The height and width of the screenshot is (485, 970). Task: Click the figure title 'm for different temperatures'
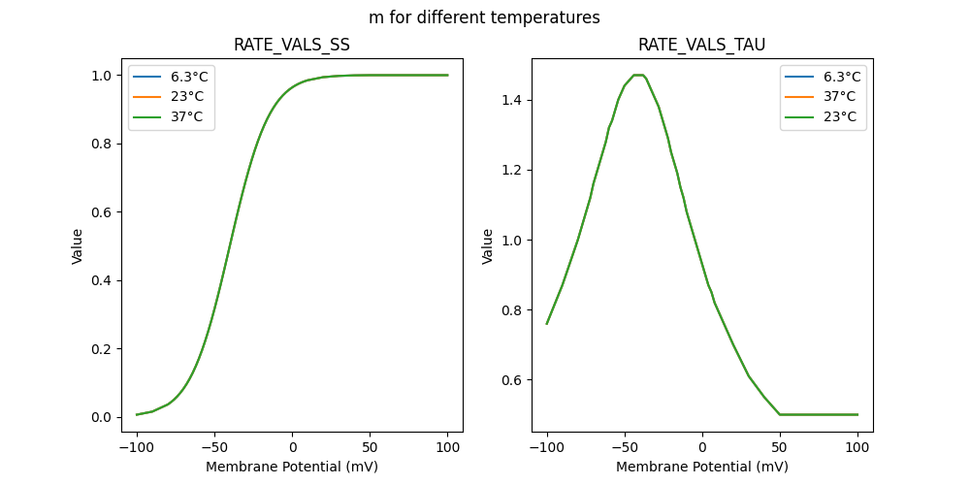pos(484,17)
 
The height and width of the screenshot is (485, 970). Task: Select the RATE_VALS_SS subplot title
pos(292,46)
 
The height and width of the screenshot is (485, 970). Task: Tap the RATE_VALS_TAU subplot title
pos(701,46)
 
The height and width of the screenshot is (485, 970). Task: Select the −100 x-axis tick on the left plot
pos(137,447)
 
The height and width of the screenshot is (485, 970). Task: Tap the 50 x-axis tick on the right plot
pos(780,447)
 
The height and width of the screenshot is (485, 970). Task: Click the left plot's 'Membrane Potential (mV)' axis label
pos(292,467)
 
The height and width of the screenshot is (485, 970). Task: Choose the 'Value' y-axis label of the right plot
pos(488,245)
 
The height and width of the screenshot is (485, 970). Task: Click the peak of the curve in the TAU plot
pos(638,75)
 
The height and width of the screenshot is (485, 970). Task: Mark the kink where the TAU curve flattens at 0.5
pos(780,414)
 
